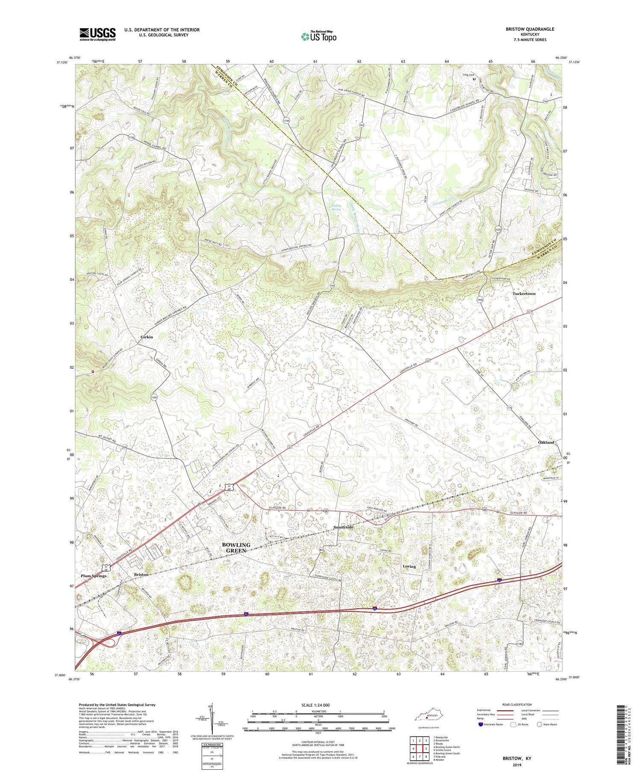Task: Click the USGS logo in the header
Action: [x=97, y=34]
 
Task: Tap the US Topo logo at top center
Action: [x=318, y=36]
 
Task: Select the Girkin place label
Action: [x=147, y=337]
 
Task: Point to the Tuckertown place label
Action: [x=523, y=294]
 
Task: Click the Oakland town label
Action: [x=546, y=442]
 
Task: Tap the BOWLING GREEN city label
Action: [x=236, y=547]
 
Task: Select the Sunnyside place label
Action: [x=343, y=527]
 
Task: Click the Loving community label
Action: [x=409, y=567]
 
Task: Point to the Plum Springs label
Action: [x=94, y=575]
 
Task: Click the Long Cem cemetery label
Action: [x=468, y=75]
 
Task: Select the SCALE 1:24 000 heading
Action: [x=318, y=705]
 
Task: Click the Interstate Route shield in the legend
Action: [x=480, y=724]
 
